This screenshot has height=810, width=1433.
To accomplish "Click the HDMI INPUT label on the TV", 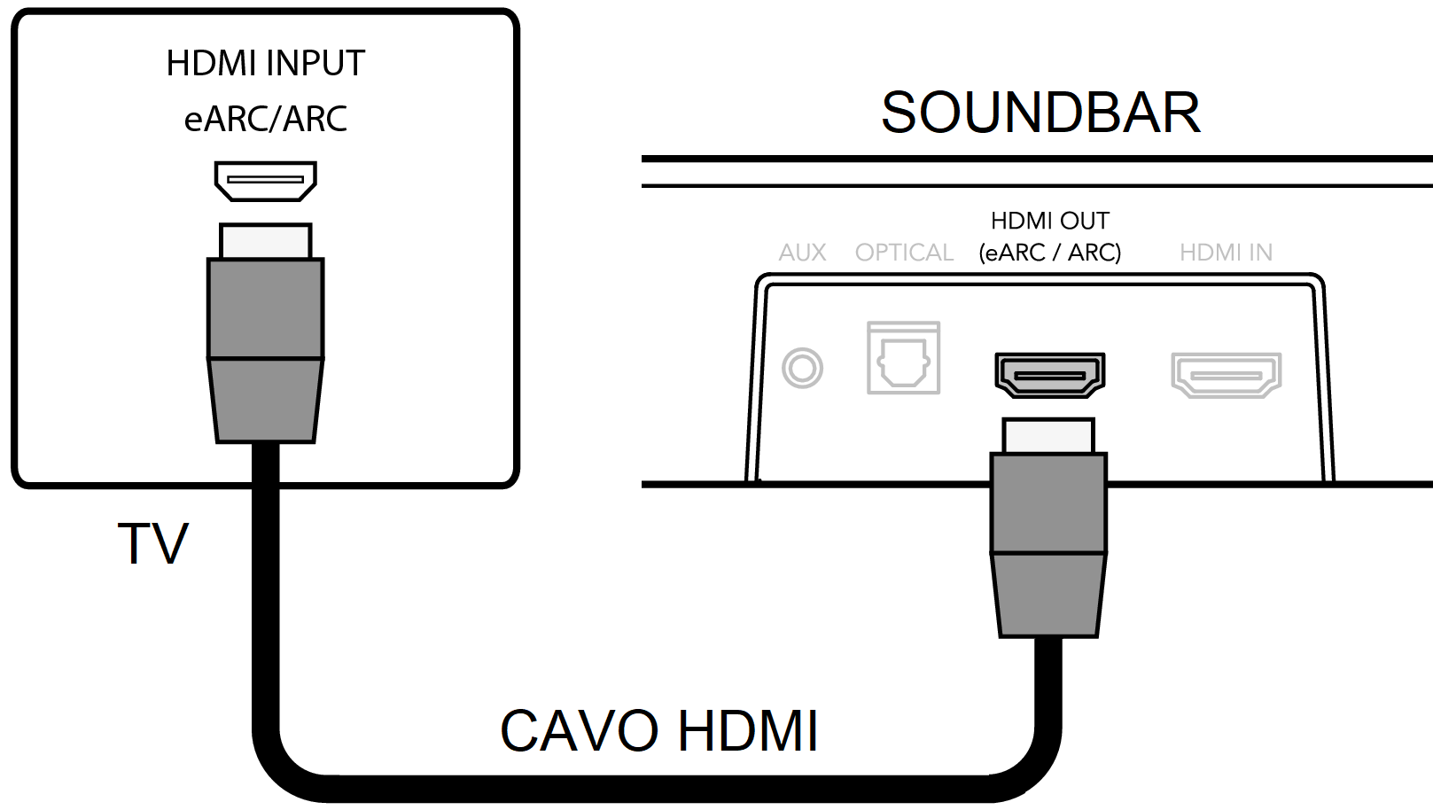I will point(265,64).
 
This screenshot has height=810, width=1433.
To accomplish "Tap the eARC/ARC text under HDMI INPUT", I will point(265,119).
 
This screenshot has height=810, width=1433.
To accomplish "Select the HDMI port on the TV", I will point(265,181).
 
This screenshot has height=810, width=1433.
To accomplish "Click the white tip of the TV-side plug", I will point(265,241).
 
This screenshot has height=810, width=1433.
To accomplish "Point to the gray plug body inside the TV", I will point(265,350).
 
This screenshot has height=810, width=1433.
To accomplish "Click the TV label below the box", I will point(152,543).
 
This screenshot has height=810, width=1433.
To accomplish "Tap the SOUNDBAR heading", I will point(1040,113).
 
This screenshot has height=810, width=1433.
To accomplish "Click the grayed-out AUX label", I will point(802,253).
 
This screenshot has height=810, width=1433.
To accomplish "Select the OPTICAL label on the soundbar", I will point(904,253).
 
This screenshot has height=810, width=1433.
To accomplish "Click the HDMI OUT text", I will point(1049,221).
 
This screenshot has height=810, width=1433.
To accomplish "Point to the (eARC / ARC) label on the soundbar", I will point(1049,253).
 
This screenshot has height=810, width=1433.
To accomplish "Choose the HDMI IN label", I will point(1226,253).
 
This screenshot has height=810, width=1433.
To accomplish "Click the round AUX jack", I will point(802,368).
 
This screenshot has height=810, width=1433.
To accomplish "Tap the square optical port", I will point(903,358).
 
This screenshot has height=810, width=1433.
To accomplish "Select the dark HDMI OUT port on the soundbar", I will point(1049,374).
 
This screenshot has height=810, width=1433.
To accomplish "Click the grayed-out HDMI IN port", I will point(1226,374).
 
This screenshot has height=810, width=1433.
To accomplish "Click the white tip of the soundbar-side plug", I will point(1048,436).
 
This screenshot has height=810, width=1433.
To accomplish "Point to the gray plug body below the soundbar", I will point(1048,544).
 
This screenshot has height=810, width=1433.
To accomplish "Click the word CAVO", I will point(580,731).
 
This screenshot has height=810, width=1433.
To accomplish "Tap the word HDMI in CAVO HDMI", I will point(748,731).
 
